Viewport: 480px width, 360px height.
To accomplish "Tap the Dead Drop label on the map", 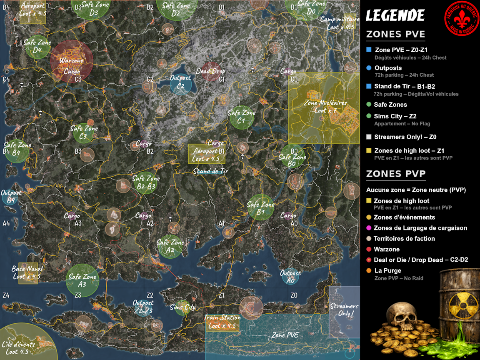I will click(x=210, y=71).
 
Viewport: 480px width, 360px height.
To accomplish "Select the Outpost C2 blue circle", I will click(x=180, y=85).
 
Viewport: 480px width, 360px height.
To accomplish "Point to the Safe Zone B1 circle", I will click(x=261, y=207).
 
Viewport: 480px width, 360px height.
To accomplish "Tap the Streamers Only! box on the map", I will click(x=344, y=311).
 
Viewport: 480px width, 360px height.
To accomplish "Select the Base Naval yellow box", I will click(x=27, y=273).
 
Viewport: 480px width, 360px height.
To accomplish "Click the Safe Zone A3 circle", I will click(x=82, y=280).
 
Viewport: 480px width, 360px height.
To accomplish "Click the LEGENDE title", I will click(x=395, y=16).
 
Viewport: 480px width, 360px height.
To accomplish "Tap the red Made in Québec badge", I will click(x=461, y=17).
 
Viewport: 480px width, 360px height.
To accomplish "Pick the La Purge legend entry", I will click(x=387, y=270).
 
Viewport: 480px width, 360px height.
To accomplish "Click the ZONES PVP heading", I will click(x=395, y=174).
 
